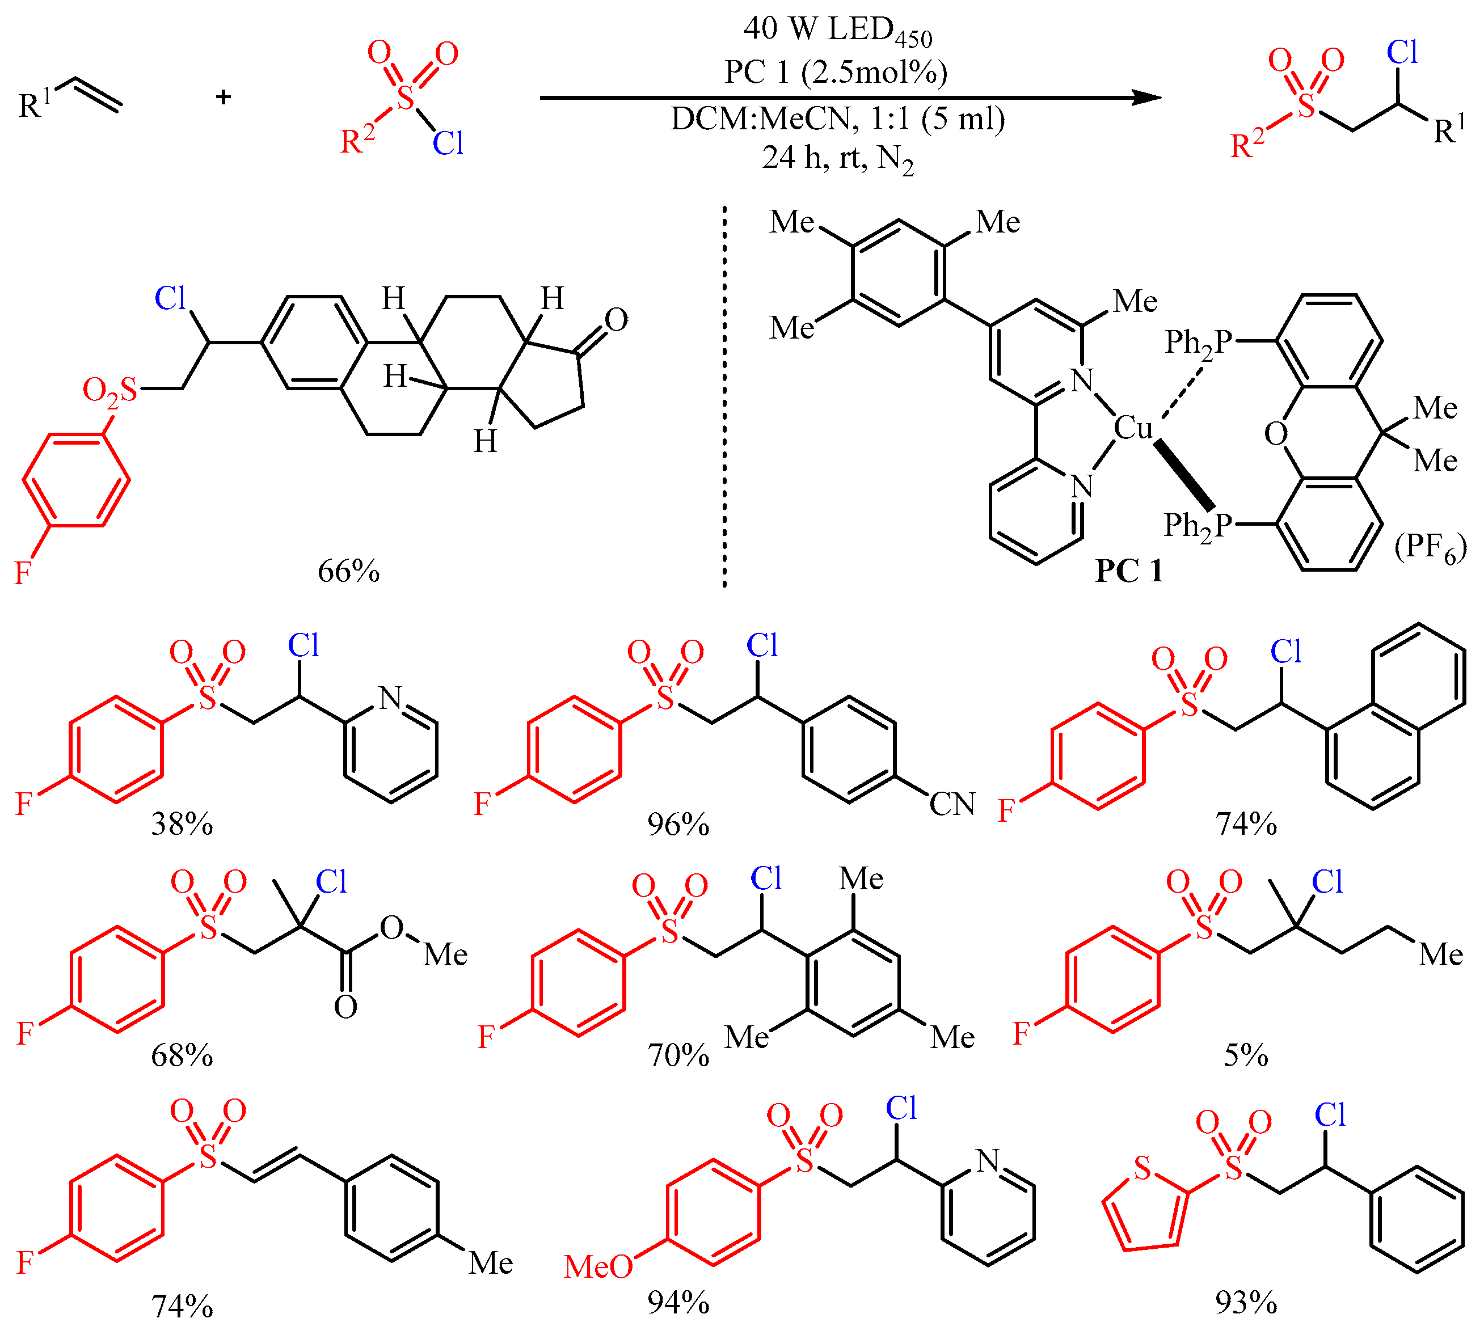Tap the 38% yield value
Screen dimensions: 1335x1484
click(x=182, y=825)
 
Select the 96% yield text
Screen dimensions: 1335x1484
click(x=678, y=825)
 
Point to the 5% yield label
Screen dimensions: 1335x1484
click(x=1246, y=1055)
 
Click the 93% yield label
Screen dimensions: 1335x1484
click(x=1246, y=1302)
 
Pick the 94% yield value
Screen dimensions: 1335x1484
click(x=678, y=1302)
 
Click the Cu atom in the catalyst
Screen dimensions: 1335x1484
click(x=1133, y=428)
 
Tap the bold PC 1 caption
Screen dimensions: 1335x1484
click(x=1129, y=571)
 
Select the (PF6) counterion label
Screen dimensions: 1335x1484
click(x=1430, y=547)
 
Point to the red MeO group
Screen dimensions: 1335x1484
click(x=598, y=1266)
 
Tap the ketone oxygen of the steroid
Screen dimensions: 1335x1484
click(x=616, y=320)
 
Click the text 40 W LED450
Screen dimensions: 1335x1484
click(x=838, y=29)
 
